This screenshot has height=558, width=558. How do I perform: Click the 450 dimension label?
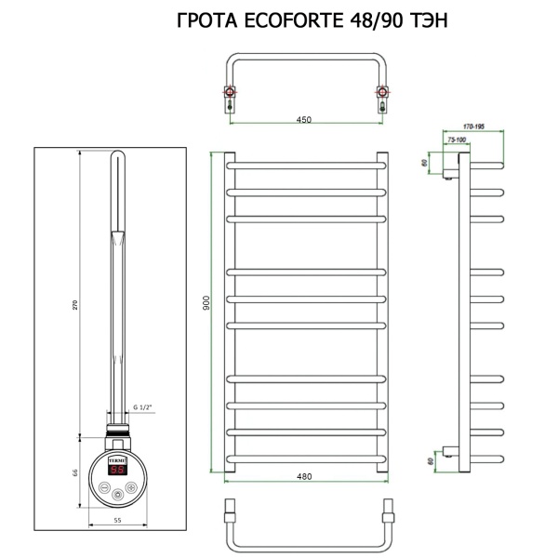point(303,119)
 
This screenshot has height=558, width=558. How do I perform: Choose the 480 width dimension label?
point(303,476)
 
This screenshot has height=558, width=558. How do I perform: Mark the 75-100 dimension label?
point(456,139)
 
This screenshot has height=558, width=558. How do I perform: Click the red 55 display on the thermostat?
point(119,470)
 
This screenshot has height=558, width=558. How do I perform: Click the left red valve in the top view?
point(228,91)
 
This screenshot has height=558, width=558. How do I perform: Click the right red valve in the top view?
point(380,91)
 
